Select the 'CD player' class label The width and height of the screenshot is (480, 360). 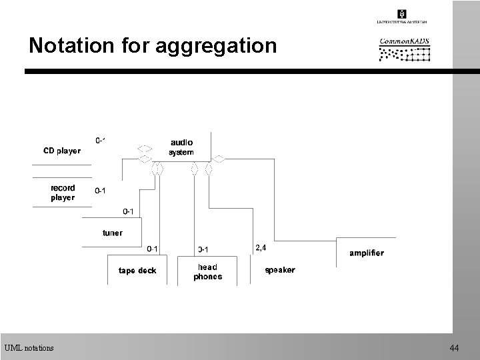click(x=62, y=151)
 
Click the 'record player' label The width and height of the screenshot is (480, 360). click(x=63, y=193)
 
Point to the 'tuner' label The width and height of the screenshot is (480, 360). click(x=112, y=233)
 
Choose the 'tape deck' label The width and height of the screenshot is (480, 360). click(x=137, y=271)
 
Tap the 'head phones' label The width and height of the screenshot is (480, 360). click(x=207, y=271)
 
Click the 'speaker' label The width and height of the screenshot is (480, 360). click(x=280, y=271)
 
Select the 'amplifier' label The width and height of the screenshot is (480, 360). click(x=367, y=253)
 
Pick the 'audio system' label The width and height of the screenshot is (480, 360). click(x=181, y=147)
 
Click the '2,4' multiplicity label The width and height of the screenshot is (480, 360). click(x=261, y=248)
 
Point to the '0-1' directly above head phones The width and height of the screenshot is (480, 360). click(x=204, y=250)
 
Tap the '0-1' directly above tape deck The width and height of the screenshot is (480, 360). click(x=153, y=249)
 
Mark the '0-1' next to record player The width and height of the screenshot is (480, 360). click(x=101, y=191)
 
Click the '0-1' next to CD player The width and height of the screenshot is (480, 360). click(x=101, y=141)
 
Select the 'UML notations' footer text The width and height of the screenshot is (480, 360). click(x=29, y=347)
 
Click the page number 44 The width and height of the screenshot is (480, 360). click(x=455, y=348)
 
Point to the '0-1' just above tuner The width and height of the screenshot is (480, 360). click(x=129, y=212)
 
